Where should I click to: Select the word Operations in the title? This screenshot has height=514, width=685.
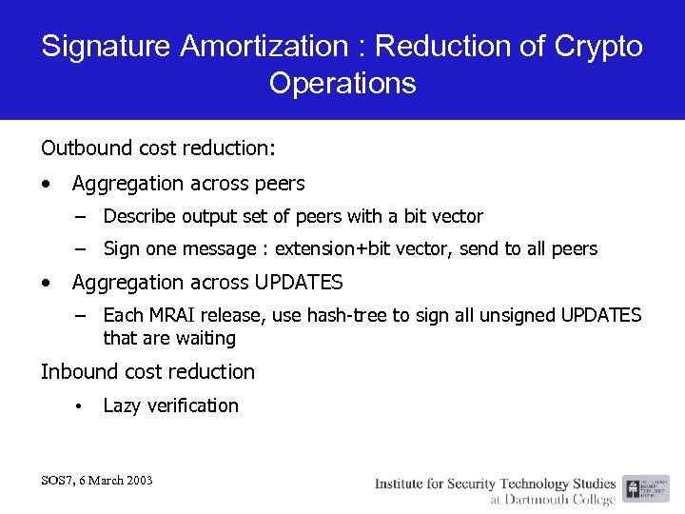(x=342, y=83)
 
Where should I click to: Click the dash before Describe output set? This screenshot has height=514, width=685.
(x=84, y=216)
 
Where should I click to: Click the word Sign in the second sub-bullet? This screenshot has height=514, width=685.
(x=122, y=249)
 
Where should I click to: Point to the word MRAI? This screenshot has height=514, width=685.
(x=171, y=315)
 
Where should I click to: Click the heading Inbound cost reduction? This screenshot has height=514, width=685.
(x=147, y=372)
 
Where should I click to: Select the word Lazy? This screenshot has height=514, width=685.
(x=122, y=406)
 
